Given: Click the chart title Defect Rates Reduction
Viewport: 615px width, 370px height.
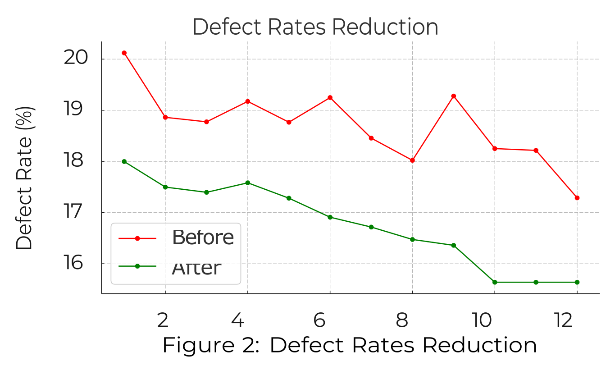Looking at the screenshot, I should [x=315, y=27].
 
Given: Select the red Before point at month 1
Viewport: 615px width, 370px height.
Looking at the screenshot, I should [x=124, y=53].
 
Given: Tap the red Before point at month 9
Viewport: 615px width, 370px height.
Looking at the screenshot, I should [x=453, y=96].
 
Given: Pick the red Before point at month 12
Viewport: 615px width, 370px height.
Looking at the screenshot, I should [x=577, y=198].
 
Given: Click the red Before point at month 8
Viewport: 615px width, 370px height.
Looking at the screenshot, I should [x=412, y=160].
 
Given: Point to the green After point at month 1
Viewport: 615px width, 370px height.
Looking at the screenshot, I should [x=124, y=161].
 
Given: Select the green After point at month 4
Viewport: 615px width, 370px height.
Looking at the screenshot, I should [x=247, y=183].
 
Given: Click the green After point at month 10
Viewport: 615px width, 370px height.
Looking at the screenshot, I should [x=494, y=282].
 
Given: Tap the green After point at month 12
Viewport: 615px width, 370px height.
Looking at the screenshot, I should [x=577, y=282].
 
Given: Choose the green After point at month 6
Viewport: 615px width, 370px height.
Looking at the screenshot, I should [x=330, y=217].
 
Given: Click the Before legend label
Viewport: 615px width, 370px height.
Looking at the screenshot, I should [x=203, y=238].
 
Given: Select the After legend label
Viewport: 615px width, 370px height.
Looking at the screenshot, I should [x=196, y=268].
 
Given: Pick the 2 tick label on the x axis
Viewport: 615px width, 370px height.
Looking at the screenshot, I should [x=163, y=320].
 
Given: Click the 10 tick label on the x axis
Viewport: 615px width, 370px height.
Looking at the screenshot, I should [x=482, y=320].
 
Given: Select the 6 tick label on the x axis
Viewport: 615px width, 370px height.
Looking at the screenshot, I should [x=319, y=320].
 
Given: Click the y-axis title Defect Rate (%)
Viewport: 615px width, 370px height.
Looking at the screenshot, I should [x=24, y=178].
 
